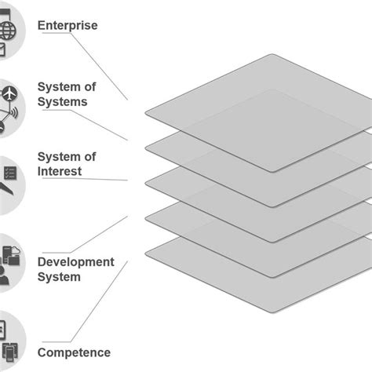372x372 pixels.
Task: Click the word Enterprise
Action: pos(67,26)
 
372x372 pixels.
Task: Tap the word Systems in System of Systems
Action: pos(62,101)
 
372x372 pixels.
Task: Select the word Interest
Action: pos(60,171)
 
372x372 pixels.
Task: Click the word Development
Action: pos(75,262)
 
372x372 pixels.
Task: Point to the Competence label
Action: pos(74,352)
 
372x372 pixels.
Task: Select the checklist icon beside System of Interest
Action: pos(10,172)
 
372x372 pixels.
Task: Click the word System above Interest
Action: pos(57,158)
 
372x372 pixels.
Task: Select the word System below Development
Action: pos(59,276)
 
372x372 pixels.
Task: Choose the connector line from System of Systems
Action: pos(106,126)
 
